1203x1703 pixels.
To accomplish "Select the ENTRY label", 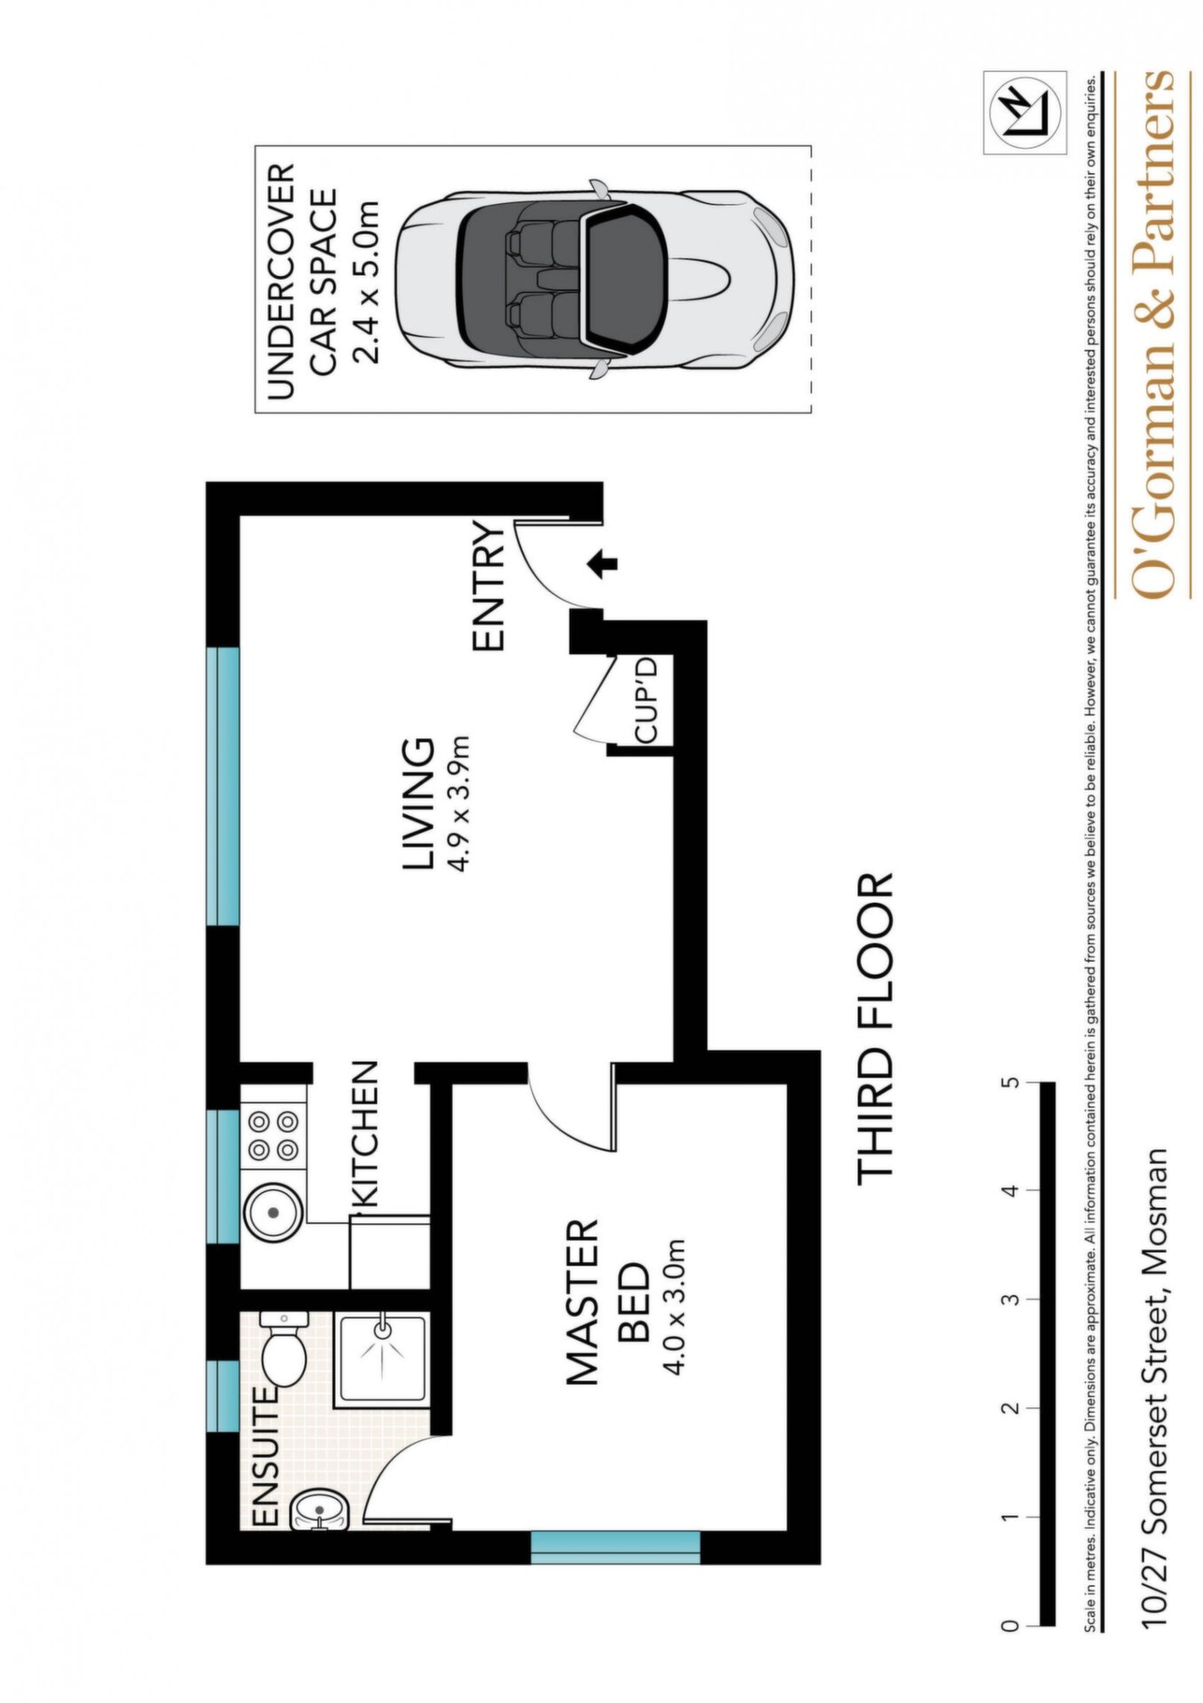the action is (x=488, y=587).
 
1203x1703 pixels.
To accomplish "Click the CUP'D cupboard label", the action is (x=645, y=698).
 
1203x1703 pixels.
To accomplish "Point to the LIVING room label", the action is (x=419, y=804).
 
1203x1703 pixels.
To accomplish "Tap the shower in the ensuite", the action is (x=381, y=1358).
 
